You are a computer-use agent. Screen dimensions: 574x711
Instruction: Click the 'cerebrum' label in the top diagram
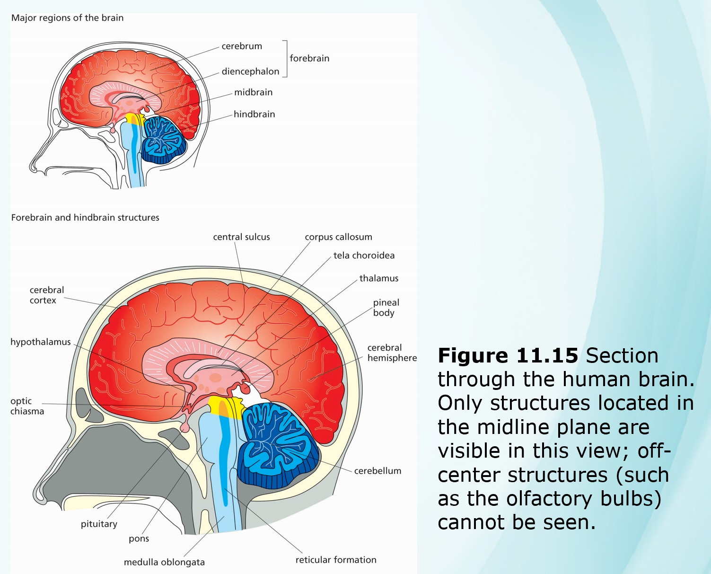tap(242, 46)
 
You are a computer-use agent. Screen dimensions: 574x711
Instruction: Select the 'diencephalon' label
tap(250, 72)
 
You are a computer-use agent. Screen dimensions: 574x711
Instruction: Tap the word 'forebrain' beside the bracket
tap(309, 59)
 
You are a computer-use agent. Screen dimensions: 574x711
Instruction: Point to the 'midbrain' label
tap(253, 93)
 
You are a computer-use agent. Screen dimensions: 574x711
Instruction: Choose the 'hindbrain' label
tap(254, 115)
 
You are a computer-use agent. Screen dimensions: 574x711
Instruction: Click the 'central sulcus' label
tap(241, 237)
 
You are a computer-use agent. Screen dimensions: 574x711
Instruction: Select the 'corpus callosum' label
tap(338, 237)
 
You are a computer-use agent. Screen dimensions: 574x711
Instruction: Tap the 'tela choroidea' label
tap(364, 256)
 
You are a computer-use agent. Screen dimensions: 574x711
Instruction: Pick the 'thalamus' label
tap(378, 278)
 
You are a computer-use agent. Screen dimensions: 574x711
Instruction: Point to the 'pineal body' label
tap(386, 308)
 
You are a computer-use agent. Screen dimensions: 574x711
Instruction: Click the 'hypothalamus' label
tap(41, 342)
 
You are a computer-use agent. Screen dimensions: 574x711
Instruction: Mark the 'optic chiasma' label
tap(27, 406)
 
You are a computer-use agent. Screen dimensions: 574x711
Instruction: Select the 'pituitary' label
tap(99, 524)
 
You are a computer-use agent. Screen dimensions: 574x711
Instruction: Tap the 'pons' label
tap(139, 539)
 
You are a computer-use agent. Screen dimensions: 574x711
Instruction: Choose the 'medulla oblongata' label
tap(164, 562)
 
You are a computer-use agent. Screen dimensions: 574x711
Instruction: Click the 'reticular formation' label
tap(336, 560)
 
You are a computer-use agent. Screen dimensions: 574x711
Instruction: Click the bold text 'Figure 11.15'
tap(508, 356)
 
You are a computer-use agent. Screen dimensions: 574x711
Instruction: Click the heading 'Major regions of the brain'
tap(67, 18)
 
